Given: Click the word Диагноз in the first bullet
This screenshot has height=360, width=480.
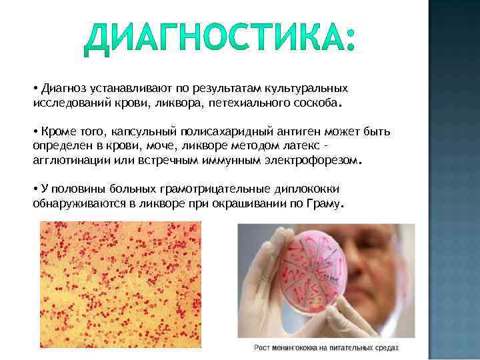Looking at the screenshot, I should pos(62,89).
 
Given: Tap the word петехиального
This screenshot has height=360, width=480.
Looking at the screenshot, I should pos(245,103).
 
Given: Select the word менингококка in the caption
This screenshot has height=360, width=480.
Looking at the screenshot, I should pos(300,348).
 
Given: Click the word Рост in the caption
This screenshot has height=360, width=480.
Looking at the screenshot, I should pos(262,348).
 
